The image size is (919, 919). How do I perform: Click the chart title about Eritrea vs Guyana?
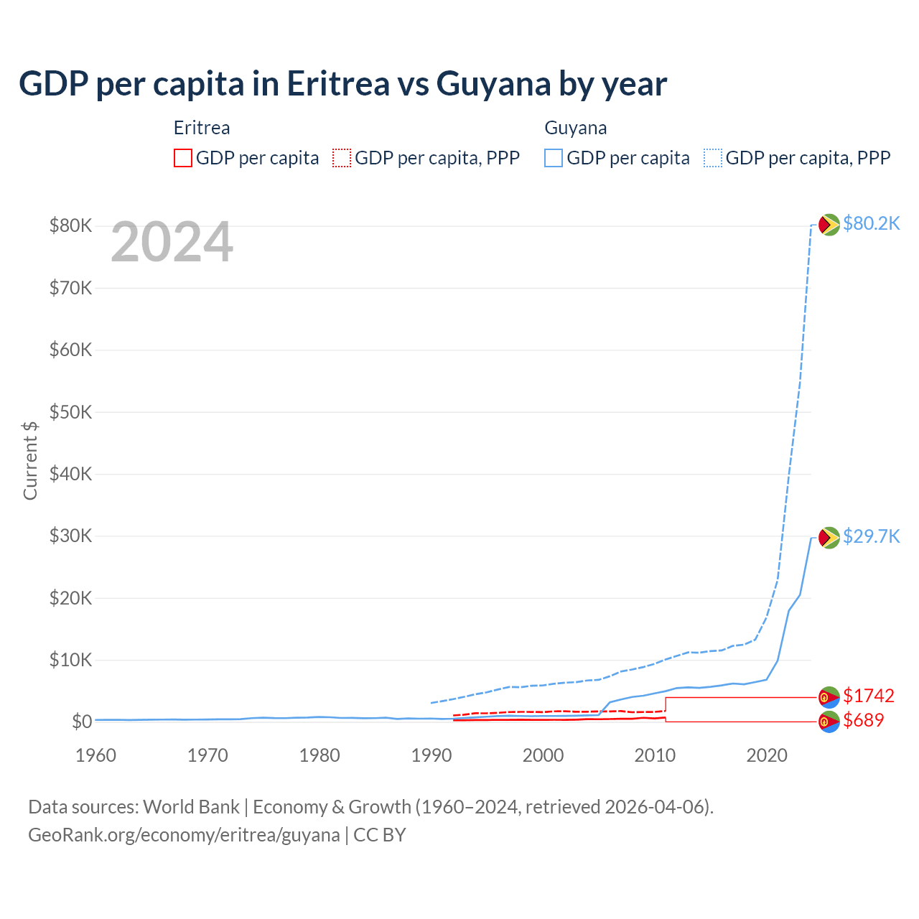(342, 84)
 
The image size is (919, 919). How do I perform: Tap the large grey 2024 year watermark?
(172, 242)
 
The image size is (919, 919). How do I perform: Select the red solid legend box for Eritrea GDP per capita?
(183, 158)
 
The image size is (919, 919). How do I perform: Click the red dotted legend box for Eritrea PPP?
(342, 158)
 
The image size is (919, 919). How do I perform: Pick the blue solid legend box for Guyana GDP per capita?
(554, 158)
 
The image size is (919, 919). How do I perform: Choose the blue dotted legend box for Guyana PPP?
(713, 158)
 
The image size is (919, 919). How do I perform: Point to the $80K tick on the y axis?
(70, 226)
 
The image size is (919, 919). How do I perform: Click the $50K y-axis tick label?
(70, 412)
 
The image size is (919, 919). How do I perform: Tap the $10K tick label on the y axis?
(70, 660)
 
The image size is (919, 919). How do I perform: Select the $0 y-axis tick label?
(82, 722)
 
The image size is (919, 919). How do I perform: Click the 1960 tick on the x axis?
(95, 755)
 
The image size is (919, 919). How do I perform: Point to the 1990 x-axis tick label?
(431, 755)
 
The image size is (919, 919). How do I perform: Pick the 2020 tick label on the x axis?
(767, 755)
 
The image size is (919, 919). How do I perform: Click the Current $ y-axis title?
(30, 460)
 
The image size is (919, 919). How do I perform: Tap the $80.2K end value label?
(871, 224)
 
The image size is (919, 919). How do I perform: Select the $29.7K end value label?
(871, 537)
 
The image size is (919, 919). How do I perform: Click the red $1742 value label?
(869, 696)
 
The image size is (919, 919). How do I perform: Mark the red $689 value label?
(864, 720)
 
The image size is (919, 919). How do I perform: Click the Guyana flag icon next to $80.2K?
(829, 225)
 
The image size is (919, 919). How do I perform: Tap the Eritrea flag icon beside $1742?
(829, 696)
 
